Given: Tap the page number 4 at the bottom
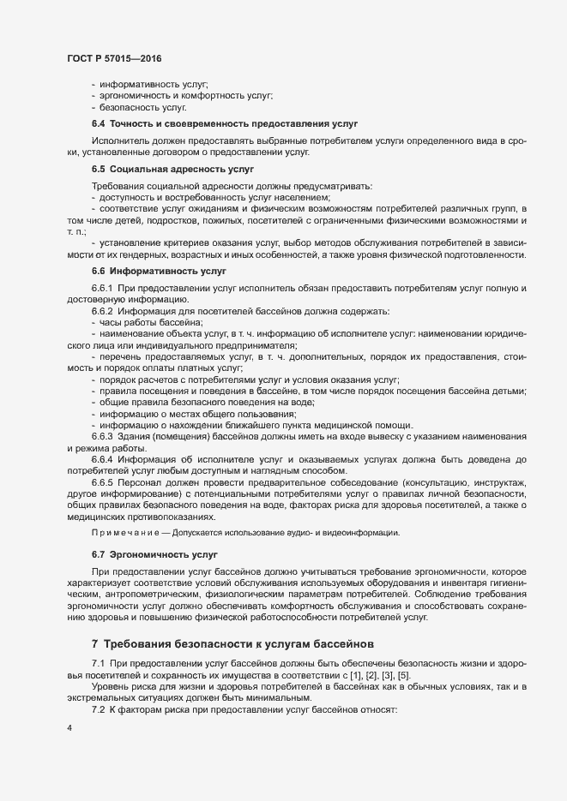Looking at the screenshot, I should click(x=69, y=730).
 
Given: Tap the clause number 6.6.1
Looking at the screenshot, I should click(x=102, y=288).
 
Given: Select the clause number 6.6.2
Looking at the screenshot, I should click(x=102, y=311).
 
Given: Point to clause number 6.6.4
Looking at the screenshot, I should click(x=102, y=460).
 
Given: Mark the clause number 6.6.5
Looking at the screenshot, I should click(x=102, y=482).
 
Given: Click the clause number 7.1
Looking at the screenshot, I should click(x=99, y=664).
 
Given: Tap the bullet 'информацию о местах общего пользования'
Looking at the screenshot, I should click(x=183, y=414).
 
